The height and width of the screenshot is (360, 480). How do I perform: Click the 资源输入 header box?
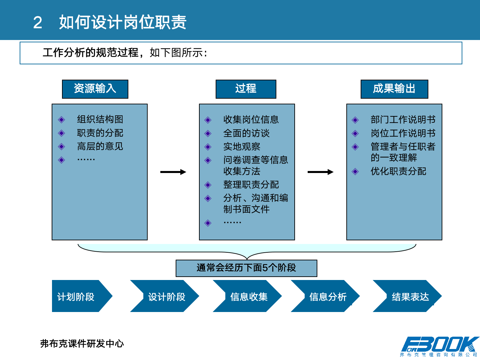click(95, 89)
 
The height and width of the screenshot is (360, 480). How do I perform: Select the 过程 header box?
click(246, 89)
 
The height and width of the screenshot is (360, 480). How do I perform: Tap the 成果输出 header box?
click(394, 89)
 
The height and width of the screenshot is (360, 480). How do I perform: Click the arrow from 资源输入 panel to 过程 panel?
click(173, 172)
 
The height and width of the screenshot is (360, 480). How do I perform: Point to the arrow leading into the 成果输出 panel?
click(320, 172)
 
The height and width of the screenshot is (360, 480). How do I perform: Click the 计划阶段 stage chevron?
click(80, 296)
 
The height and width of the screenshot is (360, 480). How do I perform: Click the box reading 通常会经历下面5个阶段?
click(246, 268)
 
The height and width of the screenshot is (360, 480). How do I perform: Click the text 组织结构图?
click(100, 119)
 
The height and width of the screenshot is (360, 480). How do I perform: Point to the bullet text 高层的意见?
click(100, 146)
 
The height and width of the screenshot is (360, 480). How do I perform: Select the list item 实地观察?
click(242, 147)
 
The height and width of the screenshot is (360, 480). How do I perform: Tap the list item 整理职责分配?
click(251, 185)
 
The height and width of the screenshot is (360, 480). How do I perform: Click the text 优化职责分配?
click(398, 171)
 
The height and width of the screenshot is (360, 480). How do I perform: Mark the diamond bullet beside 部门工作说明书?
click(355, 120)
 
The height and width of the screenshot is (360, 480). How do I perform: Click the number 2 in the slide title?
click(38, 23)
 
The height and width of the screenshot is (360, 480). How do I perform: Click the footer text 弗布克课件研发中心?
click(82, 344)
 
